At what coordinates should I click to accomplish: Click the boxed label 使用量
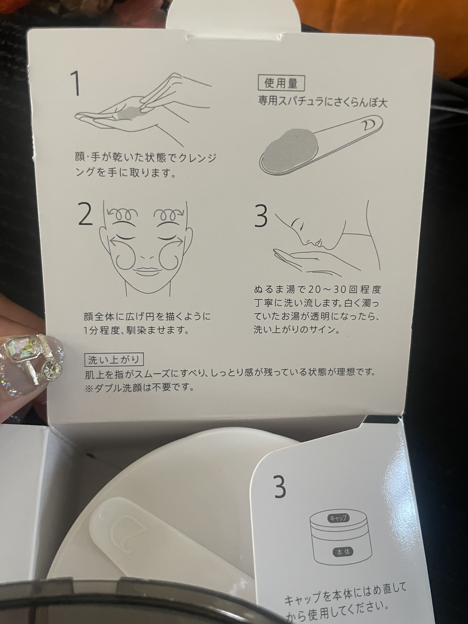point(281,84)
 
